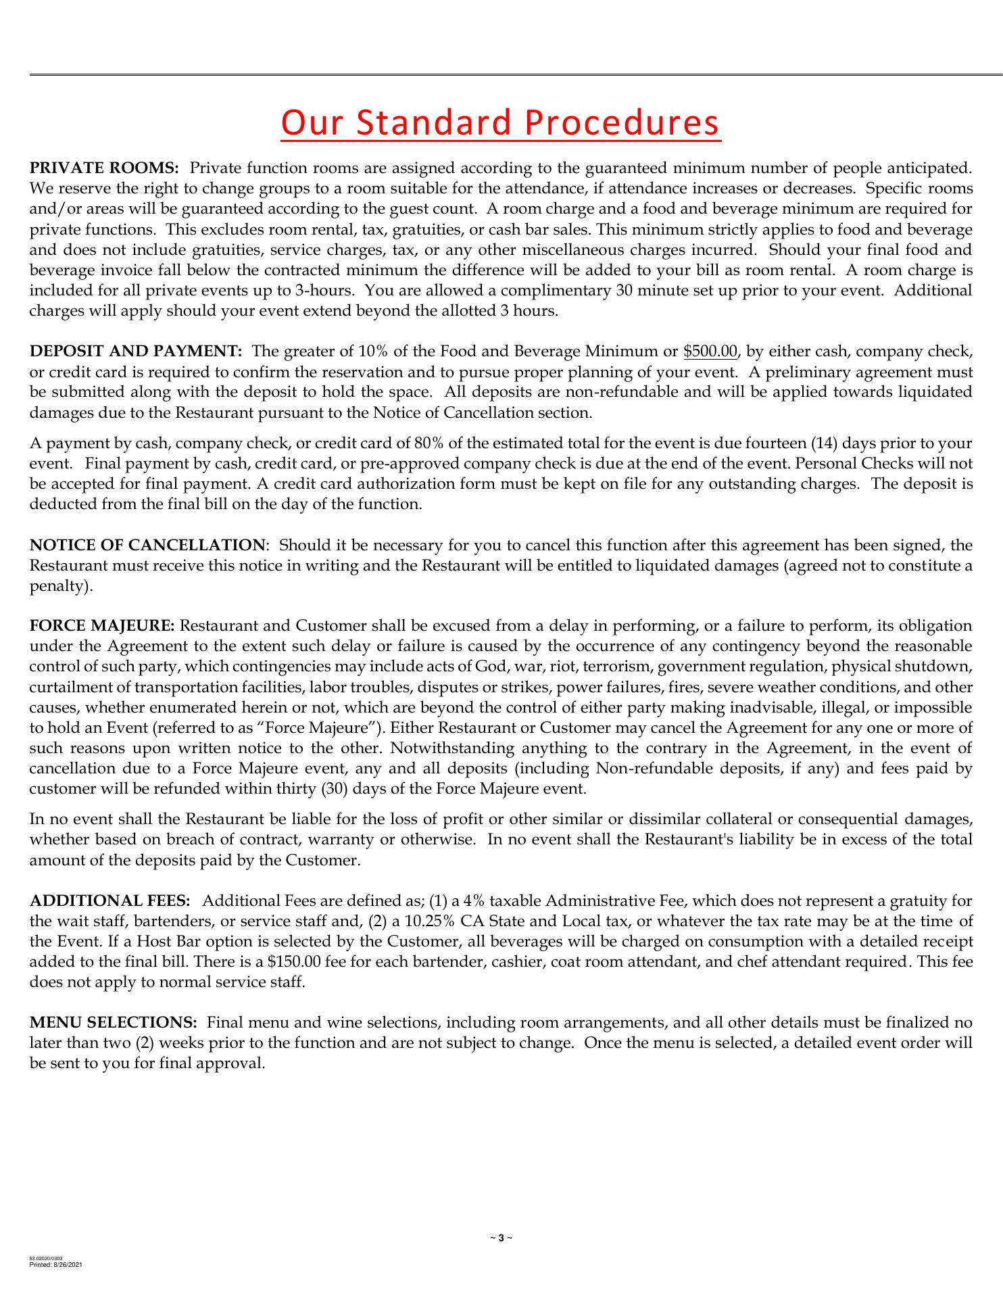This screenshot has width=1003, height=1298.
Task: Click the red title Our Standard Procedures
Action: (501, 123)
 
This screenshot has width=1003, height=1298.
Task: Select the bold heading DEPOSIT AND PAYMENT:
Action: (135, 352)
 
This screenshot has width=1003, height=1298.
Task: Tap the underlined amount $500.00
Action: (710, 352)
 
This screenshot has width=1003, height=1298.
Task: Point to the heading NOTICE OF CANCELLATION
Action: (147, 545)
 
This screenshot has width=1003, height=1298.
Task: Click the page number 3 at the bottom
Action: (501, 1238)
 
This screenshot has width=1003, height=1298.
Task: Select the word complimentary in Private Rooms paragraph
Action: (552, 291)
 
